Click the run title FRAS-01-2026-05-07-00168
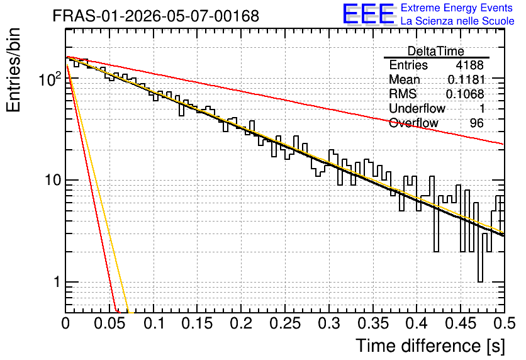pos(156,16)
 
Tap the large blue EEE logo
pos(368,14)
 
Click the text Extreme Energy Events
pos(457,8)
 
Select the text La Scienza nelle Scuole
pos(457,21)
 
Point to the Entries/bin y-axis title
pos(13,70)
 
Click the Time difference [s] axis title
pos(430,346)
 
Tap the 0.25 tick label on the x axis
pos(285,323)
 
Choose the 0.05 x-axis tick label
pos(109,323)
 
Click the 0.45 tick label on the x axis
pos(461,323)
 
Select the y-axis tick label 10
pos(53,180)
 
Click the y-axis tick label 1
pos(57,282)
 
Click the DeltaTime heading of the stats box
pos(436,52)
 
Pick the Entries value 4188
pos(469,65)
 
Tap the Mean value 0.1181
pos(466,79)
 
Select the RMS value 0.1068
pos(465,94)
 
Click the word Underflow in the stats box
pos(417,108)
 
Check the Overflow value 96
pos(477,123)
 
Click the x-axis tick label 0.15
pos(198,323)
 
